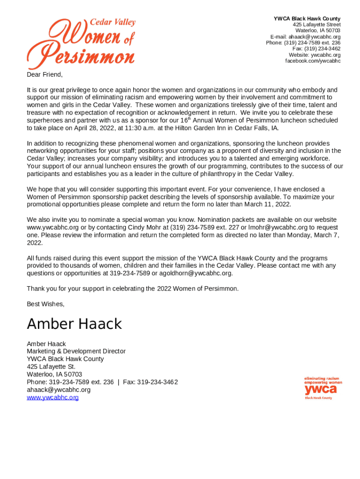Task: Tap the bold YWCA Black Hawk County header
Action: (x=307, y=19)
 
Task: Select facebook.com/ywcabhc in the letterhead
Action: (x=313, y=61)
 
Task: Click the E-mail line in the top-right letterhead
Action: (x=305, y=37)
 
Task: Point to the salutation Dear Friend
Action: (x=44, y=75)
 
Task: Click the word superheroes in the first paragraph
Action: (x=45, y=120)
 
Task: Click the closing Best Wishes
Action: (x=45, y=304)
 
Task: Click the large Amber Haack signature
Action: (x=74, y=324)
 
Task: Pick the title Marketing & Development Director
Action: (x=76, y=351)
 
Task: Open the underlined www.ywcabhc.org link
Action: (x=52, y=398)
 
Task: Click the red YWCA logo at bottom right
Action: (x=323, y=388)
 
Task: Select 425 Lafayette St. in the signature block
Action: (x=51, y=367)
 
